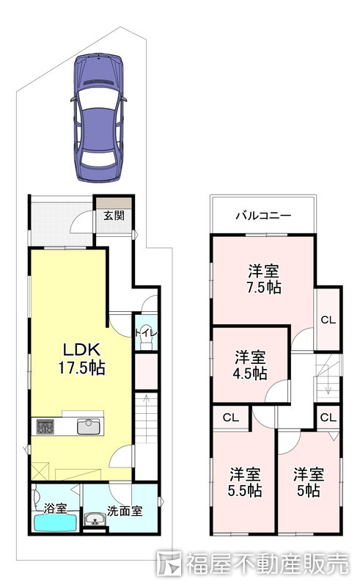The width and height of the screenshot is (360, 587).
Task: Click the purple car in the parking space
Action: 98,117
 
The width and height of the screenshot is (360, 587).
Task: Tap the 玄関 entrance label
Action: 114,216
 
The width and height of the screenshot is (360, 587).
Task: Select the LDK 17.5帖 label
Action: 81,359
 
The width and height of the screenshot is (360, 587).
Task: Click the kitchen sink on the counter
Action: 88,427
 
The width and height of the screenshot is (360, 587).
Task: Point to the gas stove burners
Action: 45,427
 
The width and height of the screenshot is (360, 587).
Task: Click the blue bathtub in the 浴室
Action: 56,522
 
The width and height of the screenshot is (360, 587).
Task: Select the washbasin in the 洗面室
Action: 95,519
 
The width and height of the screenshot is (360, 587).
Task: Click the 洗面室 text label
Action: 125,511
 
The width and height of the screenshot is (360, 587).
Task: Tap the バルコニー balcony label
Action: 263,216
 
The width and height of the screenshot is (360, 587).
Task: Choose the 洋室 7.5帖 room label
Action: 264,280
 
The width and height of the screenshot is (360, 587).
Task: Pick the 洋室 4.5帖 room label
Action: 250,365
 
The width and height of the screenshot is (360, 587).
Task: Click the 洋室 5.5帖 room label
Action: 245,483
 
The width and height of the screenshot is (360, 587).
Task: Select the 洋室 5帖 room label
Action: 309,483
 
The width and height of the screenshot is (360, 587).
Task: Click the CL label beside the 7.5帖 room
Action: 328,320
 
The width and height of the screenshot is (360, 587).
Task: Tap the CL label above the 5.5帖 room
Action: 230,418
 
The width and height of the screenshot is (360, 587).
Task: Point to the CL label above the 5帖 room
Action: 328,418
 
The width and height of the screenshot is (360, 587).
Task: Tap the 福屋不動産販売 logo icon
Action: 169,563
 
